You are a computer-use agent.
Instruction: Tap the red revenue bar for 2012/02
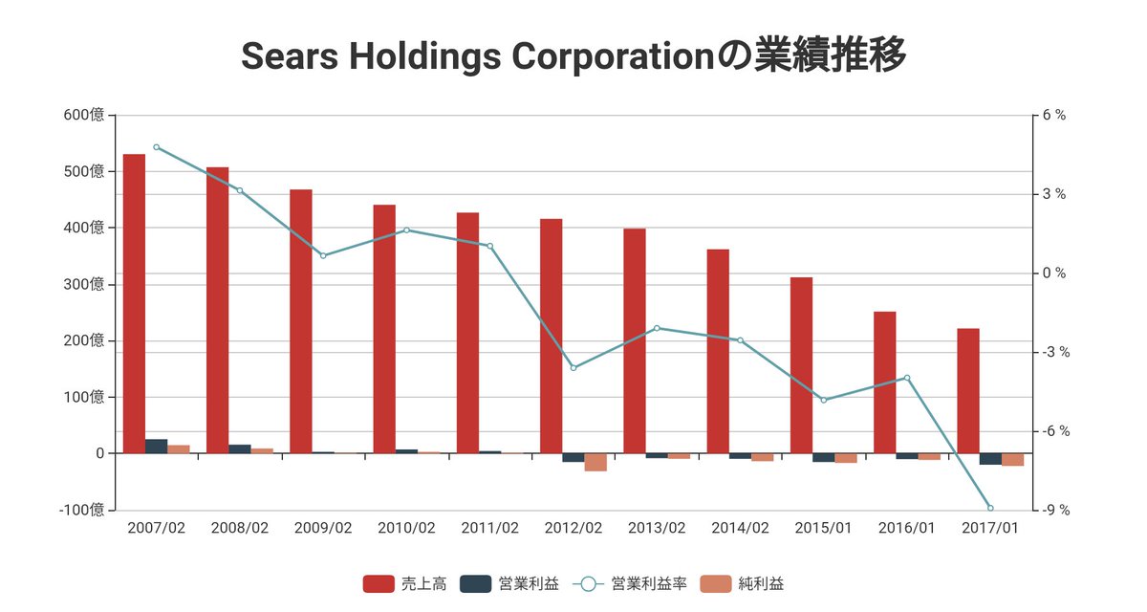[551, 336]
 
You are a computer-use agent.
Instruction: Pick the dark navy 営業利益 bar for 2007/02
[156, 446]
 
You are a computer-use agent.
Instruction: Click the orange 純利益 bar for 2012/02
[595, 462]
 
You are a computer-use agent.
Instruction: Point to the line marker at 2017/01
[990, 508]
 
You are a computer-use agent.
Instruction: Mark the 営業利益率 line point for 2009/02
[323, 255]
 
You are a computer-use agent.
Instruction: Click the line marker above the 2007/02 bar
[156, 147]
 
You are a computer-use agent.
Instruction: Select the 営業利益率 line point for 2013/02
[657, 328]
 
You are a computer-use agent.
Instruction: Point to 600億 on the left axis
[84, 116]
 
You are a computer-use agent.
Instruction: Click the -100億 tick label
[81, 510]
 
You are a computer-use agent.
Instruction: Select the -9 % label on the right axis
[1056, 510]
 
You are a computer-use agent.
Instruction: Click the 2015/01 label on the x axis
[823, 528]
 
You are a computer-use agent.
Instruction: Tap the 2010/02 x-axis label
[406, 528]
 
